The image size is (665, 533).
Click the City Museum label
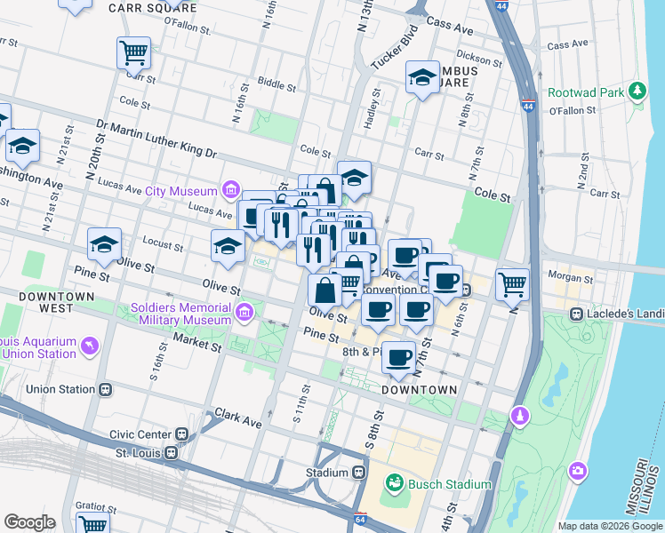tap(181, 191)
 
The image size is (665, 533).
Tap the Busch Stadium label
tap(449, 484)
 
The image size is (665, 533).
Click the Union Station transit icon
tap(106, 389)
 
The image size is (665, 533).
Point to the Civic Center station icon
tap(181, 434)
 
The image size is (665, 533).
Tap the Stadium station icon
tap(358, 473)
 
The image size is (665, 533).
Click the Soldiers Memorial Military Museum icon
tap(244, 312)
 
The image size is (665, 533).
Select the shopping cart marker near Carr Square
tap(133, 52)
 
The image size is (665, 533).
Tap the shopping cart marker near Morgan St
tap(512, 284)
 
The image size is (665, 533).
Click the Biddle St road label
tap(276, 87)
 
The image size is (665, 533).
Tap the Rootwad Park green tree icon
tap(637, 91)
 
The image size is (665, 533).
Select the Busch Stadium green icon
tap(393, 484)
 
